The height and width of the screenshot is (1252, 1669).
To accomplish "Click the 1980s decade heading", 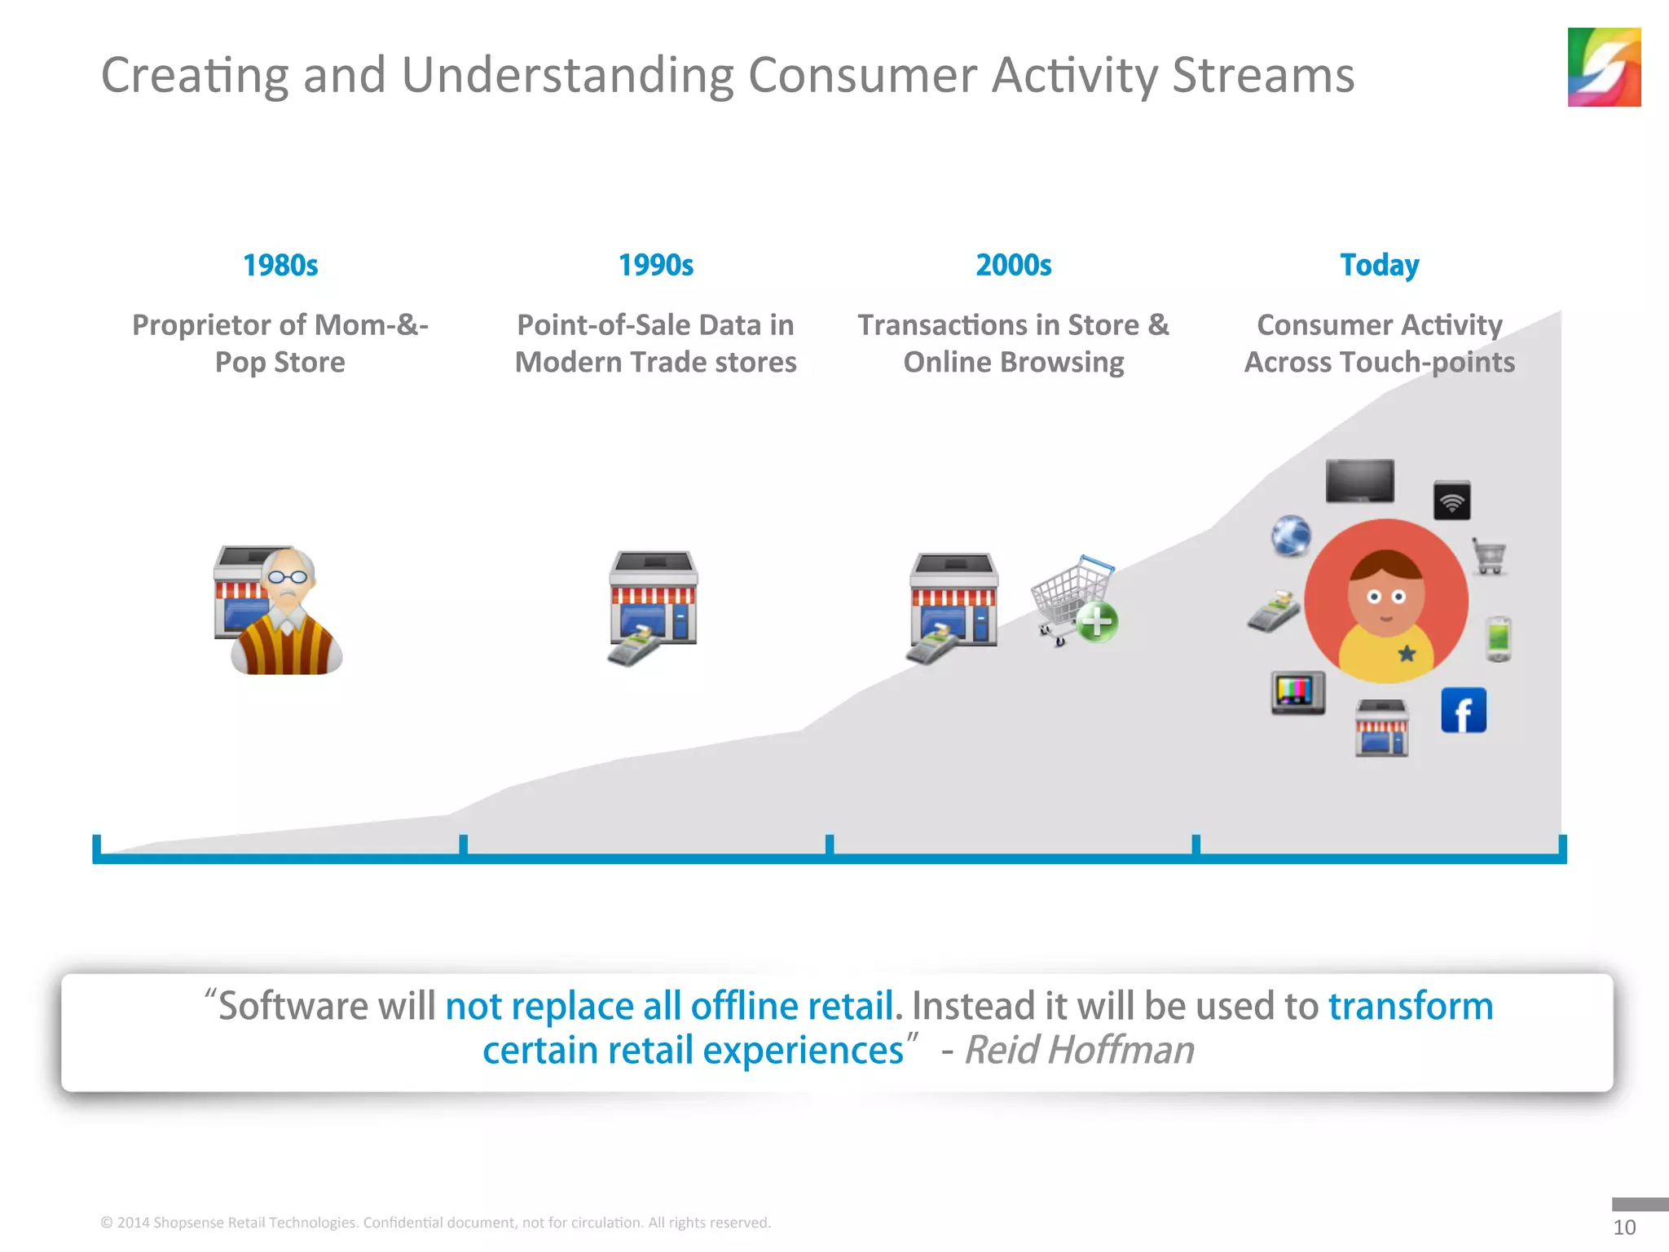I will tap(280, 265).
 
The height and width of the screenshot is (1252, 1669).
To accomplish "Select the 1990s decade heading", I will tap(655, 265).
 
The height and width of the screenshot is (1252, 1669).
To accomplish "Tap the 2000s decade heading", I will tap(1013, 265).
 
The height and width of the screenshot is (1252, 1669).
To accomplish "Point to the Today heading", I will tap(1379, 265).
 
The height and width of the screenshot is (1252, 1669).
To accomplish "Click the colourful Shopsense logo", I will tap(1603, 67).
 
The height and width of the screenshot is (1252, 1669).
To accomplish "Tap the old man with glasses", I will tap(287, 615).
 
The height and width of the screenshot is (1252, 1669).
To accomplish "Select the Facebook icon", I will tap(1463, 711).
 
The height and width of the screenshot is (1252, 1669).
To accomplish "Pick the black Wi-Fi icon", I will tap(1451, 500).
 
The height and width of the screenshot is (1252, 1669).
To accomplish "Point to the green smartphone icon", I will tap(1499, 638).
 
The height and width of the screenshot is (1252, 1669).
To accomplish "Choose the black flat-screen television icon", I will tap(1359, 481).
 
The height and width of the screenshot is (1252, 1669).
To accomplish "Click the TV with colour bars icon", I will tap(1297, 693).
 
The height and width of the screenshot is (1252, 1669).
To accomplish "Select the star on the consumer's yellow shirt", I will tap(1407, 653).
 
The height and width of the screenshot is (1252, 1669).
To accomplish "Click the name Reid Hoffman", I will tap(1079, 1050).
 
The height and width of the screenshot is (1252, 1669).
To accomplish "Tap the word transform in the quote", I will tap(1410, 1006).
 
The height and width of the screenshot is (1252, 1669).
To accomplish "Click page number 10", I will tap(1623, 1227).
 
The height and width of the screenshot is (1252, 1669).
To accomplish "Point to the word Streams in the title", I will tap(1263, 75).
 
